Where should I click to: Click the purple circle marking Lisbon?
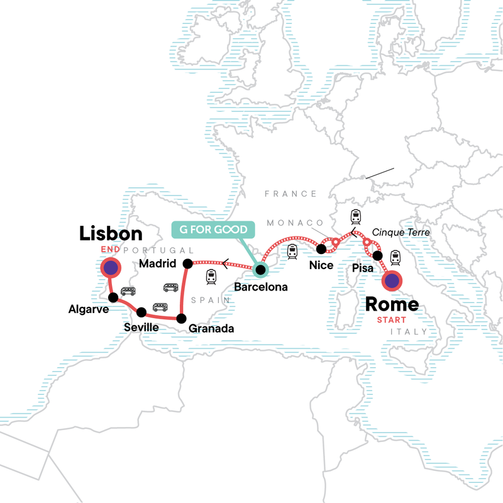(111, 268)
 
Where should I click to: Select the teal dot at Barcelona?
(260, 270)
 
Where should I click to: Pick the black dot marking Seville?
(141, 311)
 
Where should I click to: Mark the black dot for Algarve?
(113, 297)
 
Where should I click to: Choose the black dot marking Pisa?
(377, 255)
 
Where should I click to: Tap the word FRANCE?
(290, 194)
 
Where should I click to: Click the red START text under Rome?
(392, 319)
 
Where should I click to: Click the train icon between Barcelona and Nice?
(292, 252)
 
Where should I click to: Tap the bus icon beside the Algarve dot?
(128, 291)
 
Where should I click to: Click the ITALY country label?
(407, 331)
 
